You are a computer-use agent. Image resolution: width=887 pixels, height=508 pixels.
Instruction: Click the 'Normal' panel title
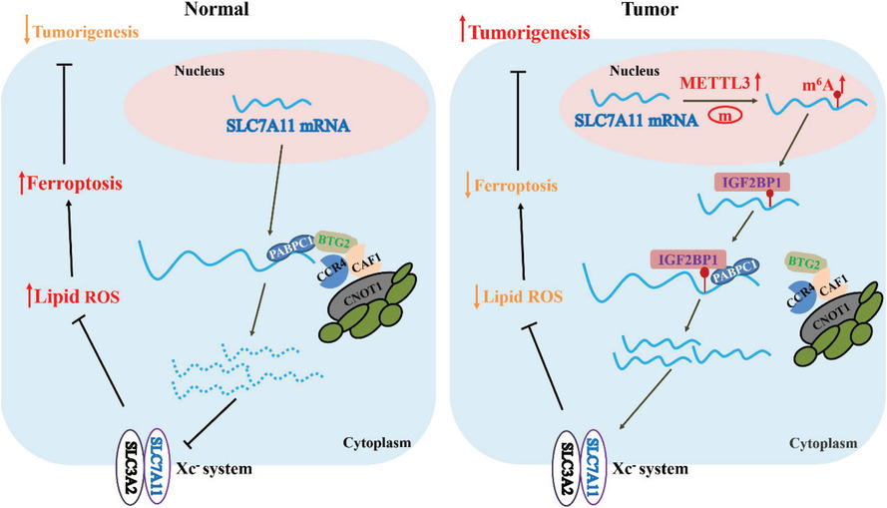(x=217, y=9)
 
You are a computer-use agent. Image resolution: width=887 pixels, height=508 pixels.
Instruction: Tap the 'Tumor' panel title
(x=650, y=9)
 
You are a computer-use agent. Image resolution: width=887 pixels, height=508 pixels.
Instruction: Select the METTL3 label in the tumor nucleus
(x=714, y=83)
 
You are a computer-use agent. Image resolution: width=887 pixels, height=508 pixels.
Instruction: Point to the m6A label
(x=817, y=86)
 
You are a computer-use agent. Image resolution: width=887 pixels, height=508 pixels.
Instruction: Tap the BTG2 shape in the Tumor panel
(x=805, y=263)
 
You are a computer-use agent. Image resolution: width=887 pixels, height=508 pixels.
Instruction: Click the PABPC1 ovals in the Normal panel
(x=291, y=249)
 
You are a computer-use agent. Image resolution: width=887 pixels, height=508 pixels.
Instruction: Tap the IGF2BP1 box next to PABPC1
(x=687, y=259)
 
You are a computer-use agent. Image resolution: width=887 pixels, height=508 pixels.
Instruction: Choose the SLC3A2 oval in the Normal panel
(x=131, y=465)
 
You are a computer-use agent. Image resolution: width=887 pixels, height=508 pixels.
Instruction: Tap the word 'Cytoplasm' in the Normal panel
(x=377, y=442)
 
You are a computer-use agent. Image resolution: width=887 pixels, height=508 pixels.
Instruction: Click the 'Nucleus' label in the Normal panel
(x=200, y=71)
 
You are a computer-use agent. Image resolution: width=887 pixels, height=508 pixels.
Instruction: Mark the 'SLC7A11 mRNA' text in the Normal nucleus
(x=288, y=125)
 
